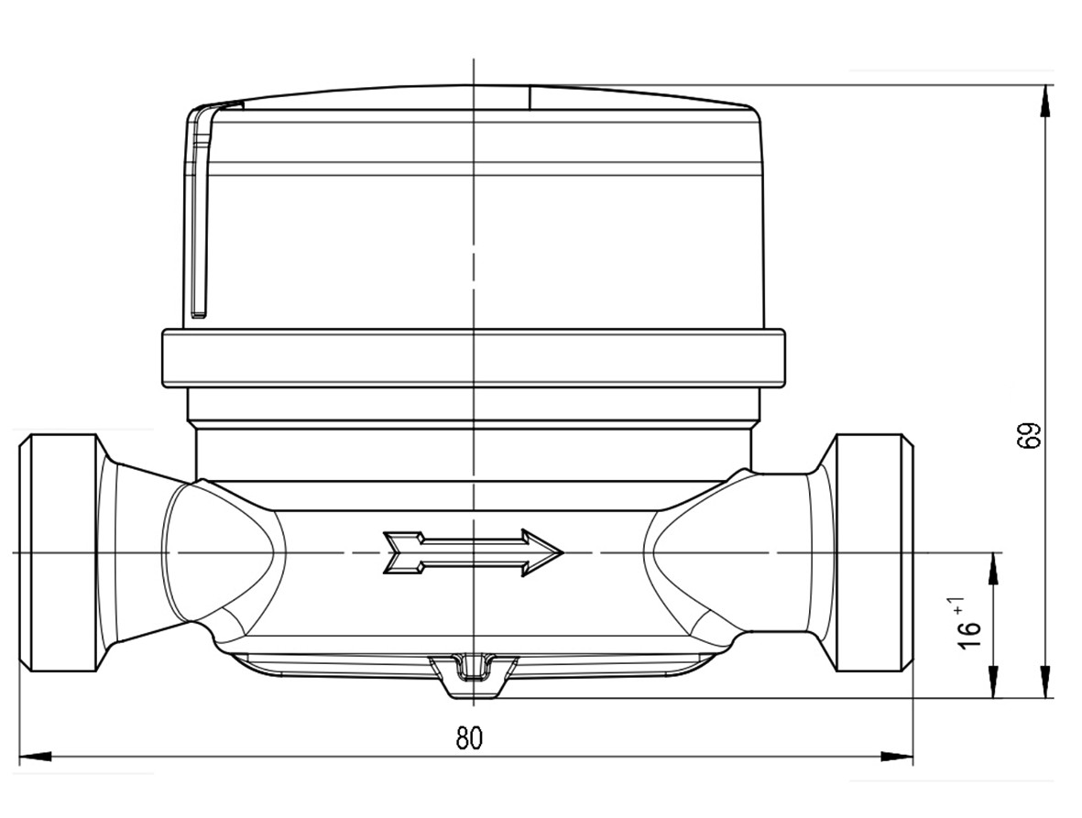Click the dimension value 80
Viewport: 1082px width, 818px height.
pyautogui.click(x=469, y=738)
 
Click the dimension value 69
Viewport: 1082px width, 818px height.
pyautogui.click(x=1029, y=435)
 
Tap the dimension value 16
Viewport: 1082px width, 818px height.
pyautogui.click(x=969, y=634)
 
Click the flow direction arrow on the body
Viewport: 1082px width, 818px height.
pyautogui.click(x=474, y=552)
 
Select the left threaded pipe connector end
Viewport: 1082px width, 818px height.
pyautogui.click(x=59, y=552)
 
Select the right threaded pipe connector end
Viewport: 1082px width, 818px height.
pyautogui.click(x=874, y=552)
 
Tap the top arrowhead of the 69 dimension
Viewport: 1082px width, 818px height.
pyautogui.click(x=1046, y=102)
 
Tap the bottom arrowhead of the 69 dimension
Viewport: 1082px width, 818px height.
pyautogui.click(x=1046, y=682)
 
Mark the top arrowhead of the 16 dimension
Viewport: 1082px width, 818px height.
pyautogui.click(x=994, y=569)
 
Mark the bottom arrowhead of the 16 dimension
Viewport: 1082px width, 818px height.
pyautogui.click(x=994, y=682)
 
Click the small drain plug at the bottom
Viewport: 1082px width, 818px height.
pyautogui.click(x=474, y=676)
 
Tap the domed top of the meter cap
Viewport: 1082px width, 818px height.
pyautogui.click(x=474, y=96)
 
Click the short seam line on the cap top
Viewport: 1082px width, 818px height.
pyautogui.click(x=530, y=97)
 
